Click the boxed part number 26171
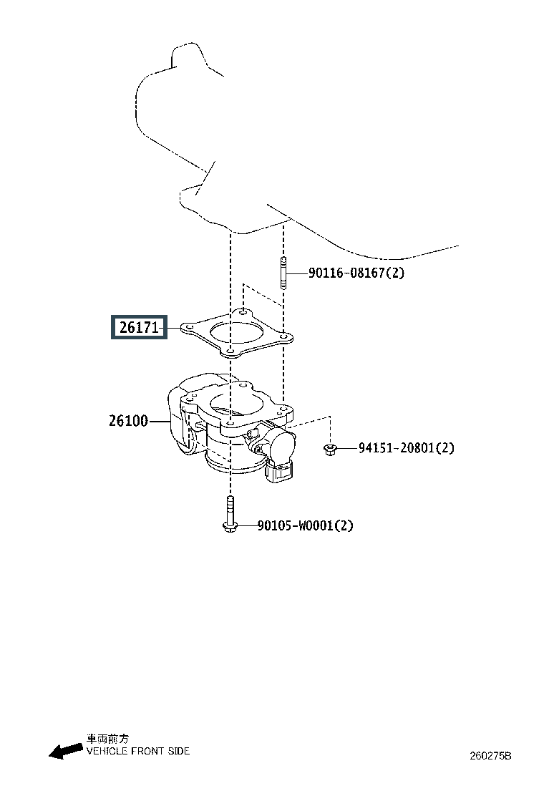pyautogui.click(x=139, y=327)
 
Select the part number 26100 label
pyautogui.click(x=128, y=421)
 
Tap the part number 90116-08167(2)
pyautogui.click(x=356, y=273)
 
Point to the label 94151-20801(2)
pyautogui.click(x=406, y=448)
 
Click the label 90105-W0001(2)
pyautogui.click(x=305, y=525)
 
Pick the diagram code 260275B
pyautogui.click(x=490, y=755)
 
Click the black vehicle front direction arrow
pyautogui.click(x=65, y=751)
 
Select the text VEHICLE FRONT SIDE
pyautogui.click(x=138, y=751)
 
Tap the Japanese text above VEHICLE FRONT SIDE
pyautogui.click(x=107, y=739)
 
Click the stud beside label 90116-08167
pyautogui.click(x=283, y=273)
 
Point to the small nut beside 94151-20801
pyautogui.click(x=330, y=449)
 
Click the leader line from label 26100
pyautogui.click(x=160, y=422)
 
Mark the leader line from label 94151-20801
pyautogui.click(x=348, y=448)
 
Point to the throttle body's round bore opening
pyautogui.click(x=236, y=404)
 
